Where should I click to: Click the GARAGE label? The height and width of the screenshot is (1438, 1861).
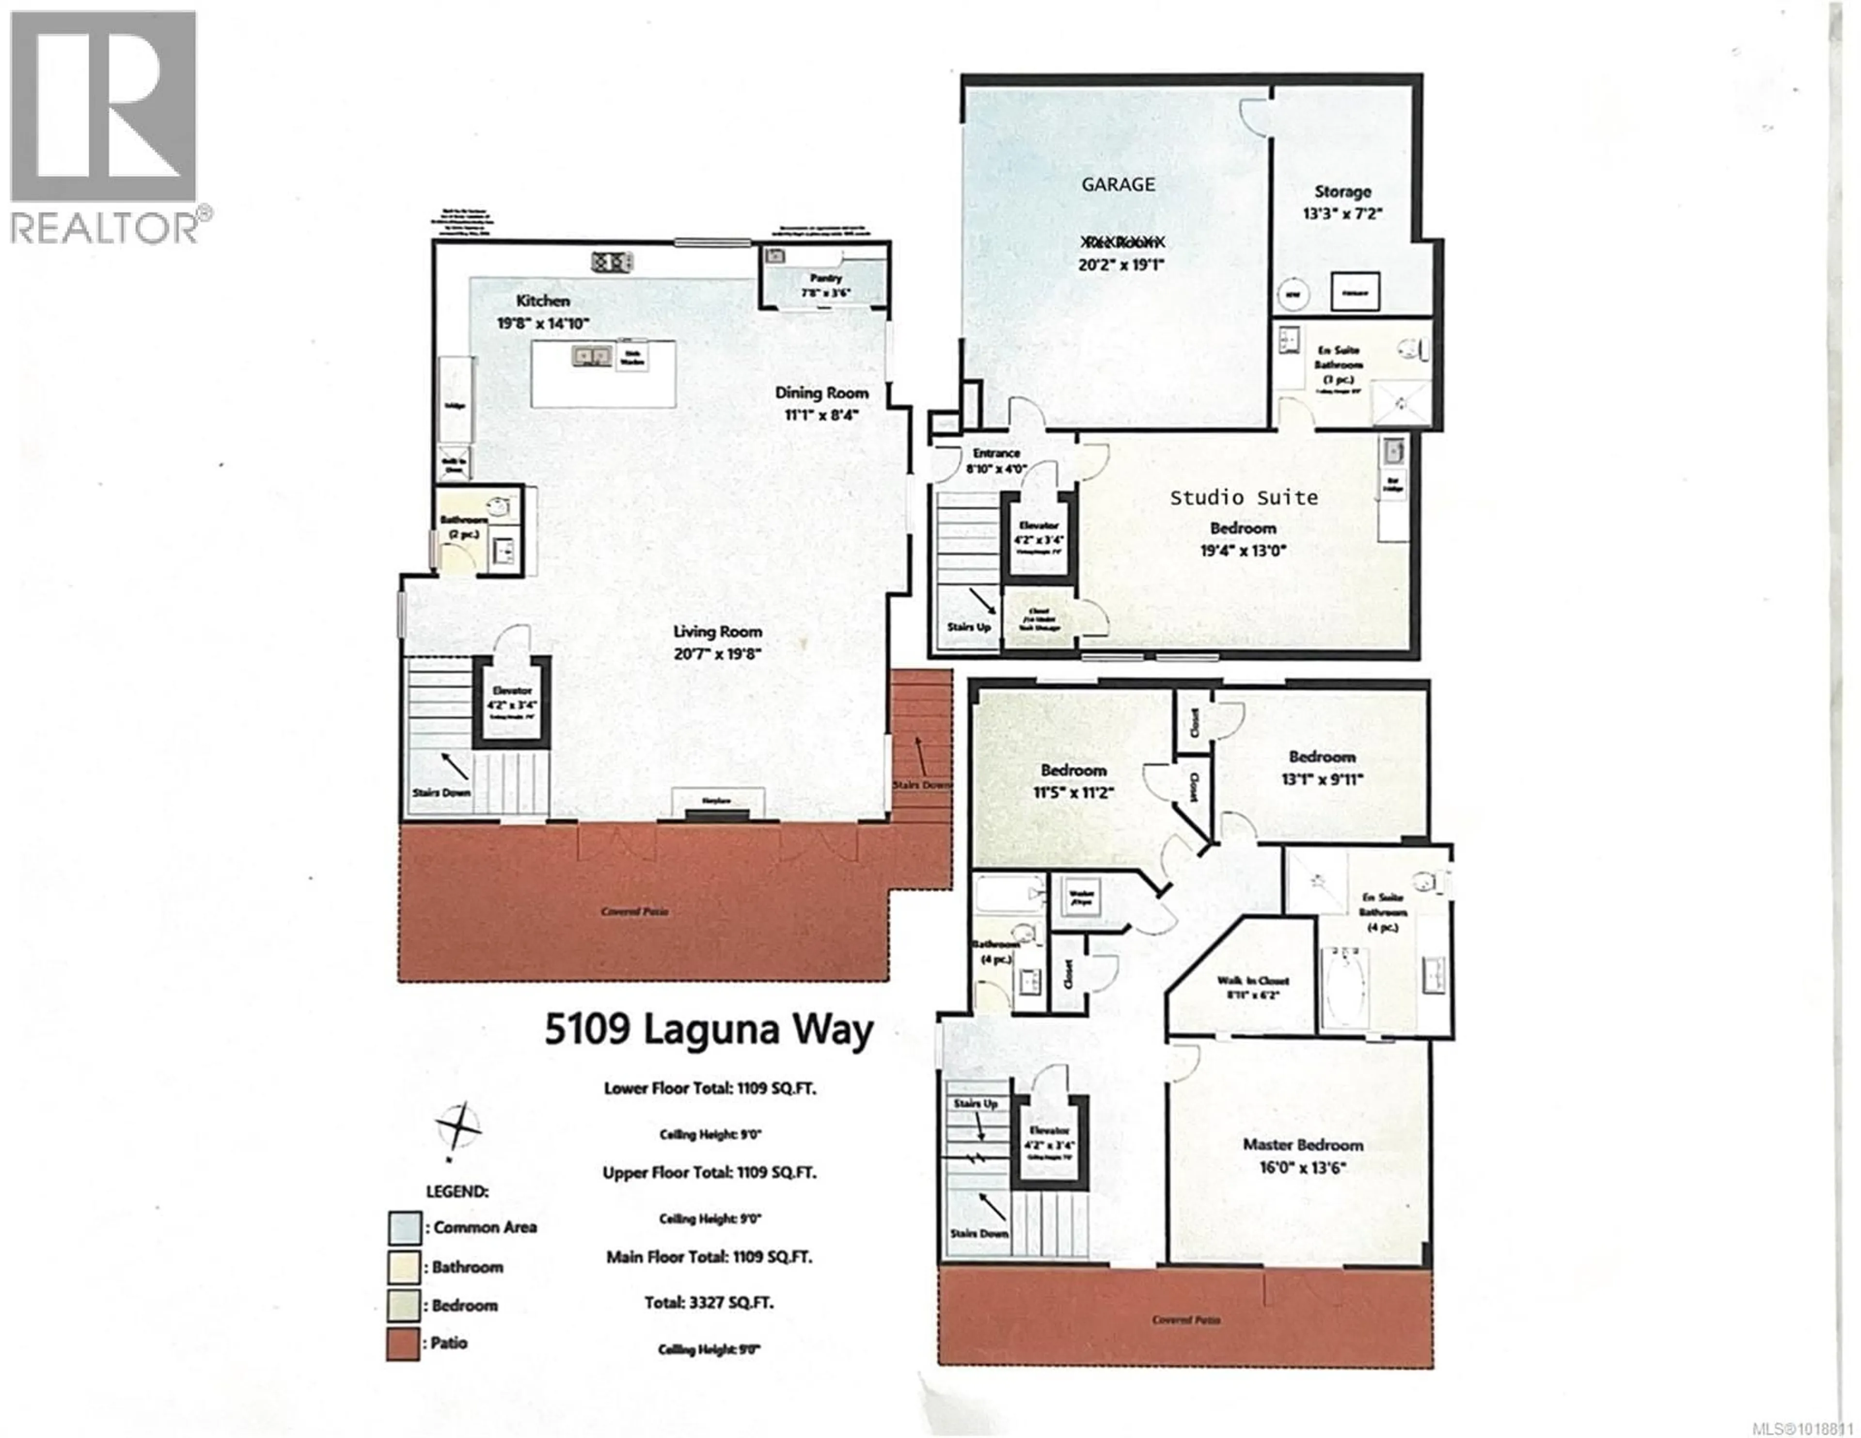pyautogui.click(x=1118, y=184)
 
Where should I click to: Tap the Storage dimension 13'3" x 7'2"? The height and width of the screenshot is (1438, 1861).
pyautogui.click(x=1342, y=214)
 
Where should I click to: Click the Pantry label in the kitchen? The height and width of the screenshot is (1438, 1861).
pyautogui.click(x=825, y=278)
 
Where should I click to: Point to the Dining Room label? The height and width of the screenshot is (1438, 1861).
pyautogui.click(x=821, y=393)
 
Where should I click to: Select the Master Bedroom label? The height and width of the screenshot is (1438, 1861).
pyautogui.click(x=1302, y=1145)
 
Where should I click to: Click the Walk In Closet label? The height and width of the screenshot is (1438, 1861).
pyautogui.click(x=1253, y=980)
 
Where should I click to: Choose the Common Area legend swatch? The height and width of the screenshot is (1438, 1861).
pyautogui.click(x=403, y=1228)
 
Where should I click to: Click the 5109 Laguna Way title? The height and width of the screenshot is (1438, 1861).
pyautogui.click(x=709, y=1030)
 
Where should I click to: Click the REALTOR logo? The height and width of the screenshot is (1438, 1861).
pyautogui.click(x=104, y=128)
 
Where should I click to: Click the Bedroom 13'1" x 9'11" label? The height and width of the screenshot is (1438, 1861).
pyautogui.click(x=1322, y=757)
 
